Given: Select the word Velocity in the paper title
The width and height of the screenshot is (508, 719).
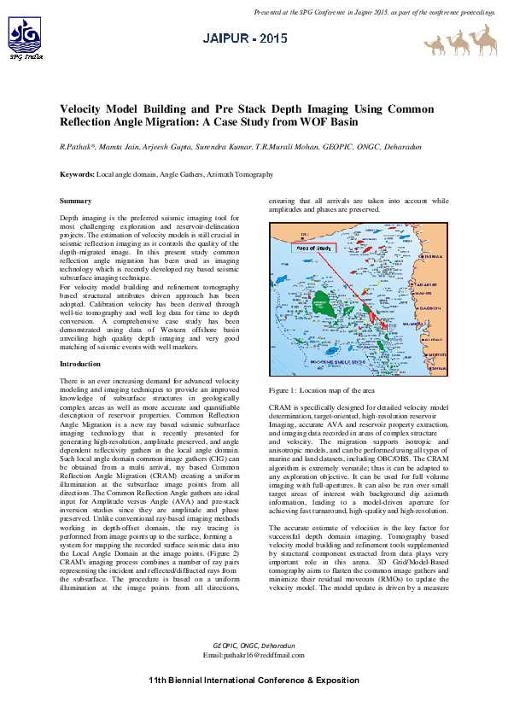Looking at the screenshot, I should click(84, 110).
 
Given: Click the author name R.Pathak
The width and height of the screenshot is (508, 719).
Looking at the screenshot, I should click(76, 148).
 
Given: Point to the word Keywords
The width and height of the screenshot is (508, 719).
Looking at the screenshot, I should click(77, 174).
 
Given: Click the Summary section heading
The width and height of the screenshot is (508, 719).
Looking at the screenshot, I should click(75, 201).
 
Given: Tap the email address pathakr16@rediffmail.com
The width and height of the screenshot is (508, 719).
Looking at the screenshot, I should click(254, 654).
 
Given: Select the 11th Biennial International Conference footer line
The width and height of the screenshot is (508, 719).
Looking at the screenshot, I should click(254, 681).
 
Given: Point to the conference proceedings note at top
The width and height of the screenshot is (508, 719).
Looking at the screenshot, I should click(375, 13).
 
